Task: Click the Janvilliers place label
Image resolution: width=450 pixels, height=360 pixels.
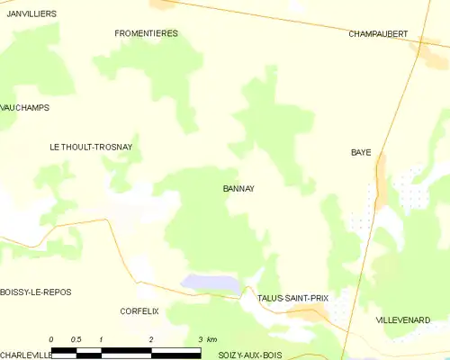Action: pos(31,14)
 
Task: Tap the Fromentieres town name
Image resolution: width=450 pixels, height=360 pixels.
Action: pos(147,33)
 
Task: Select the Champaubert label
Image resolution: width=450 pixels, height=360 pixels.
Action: pos(378,34)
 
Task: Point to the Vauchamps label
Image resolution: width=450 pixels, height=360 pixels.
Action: pos(25,107)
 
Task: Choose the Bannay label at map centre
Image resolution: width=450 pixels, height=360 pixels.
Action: pos(238,189)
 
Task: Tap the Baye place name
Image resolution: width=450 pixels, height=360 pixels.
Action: pos(361,153)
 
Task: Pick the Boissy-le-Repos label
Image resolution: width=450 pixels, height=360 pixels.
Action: pos(36,292)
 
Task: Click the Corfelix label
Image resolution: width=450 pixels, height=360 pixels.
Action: pos(139,310)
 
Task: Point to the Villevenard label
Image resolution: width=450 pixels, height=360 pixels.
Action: pos(403,319)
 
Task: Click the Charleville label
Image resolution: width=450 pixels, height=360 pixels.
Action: pos(26,355)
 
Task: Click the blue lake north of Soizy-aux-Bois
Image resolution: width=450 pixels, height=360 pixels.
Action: pos(212,283)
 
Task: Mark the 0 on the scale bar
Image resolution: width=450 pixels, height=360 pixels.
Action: pos(52,339)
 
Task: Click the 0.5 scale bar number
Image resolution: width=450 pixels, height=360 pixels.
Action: pos(76,339)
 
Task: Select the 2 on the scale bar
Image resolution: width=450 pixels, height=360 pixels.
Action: pos(151,339)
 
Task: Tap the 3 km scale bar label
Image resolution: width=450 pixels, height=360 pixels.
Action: pos(206,339)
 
